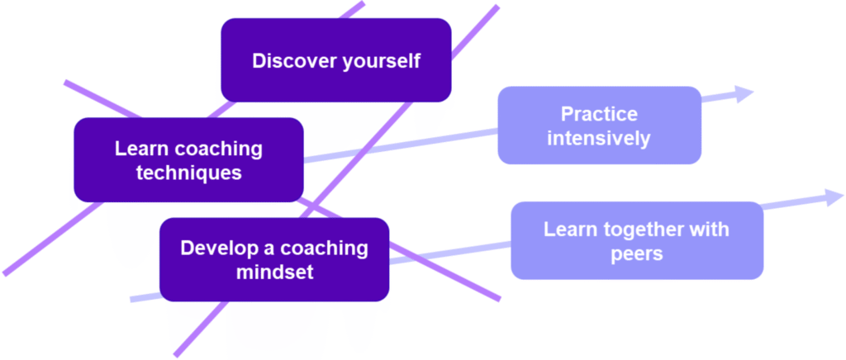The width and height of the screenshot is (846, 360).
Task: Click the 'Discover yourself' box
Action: coord(335,60)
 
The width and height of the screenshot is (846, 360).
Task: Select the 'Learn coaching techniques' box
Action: coord(188,160)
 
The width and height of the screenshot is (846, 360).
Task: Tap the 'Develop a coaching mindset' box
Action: coord(273,259)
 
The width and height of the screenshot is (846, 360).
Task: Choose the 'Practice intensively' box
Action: coord(599,125)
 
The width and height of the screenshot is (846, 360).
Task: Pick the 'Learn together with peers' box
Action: coord(636,240)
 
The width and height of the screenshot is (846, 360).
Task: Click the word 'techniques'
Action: coord(189,173)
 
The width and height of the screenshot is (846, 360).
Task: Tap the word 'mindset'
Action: coord(274,272)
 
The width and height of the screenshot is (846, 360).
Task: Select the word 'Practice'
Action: coord(599,113)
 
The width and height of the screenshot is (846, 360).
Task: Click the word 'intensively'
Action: coord(599,137)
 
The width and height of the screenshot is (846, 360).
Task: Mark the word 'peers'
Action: coord(636,253)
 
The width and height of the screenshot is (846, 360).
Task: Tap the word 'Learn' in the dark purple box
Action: coord(138,149)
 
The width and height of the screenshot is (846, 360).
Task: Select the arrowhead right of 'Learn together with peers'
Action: coord(833,197)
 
